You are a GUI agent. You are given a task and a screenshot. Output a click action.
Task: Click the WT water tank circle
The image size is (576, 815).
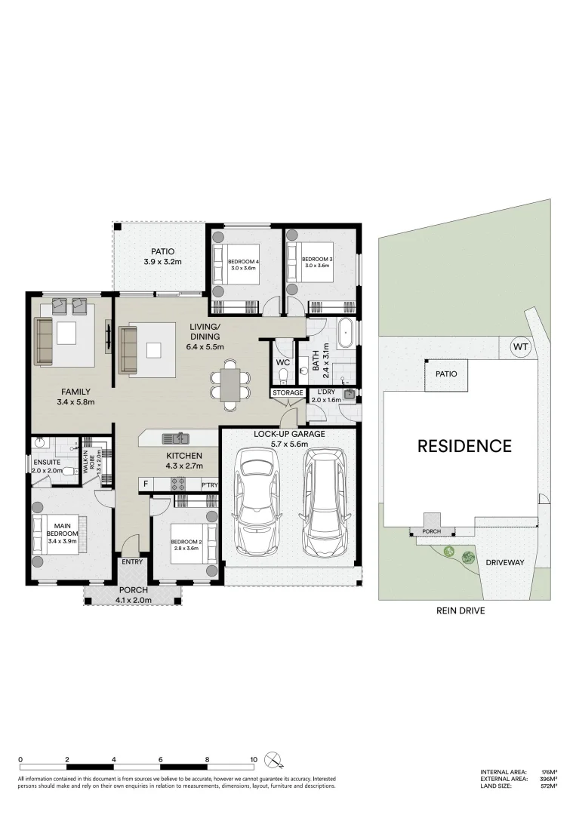[x=520, y=346]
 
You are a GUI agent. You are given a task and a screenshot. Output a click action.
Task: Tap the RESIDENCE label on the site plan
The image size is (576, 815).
[x=464, y=445]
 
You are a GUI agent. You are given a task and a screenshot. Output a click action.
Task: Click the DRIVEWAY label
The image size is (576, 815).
[x=505, y=562]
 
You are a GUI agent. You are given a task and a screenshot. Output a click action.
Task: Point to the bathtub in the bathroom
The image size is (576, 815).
[x=347, y=333]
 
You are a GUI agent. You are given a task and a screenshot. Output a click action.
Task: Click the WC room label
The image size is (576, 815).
[x=283, y=362]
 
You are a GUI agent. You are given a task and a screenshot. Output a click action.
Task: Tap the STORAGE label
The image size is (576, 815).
[x=288, y=392]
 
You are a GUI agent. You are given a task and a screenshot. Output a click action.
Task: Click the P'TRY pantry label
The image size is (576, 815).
[x=209, y=484]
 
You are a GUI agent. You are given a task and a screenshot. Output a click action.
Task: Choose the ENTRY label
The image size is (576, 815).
[x=132, y=561]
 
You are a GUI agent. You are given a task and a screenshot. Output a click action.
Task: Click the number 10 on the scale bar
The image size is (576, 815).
[x=254, y=760]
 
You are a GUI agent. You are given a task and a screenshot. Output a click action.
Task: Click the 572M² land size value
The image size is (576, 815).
[x=549, y=786]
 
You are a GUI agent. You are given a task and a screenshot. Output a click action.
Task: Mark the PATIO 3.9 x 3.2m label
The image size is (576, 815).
[x=163, y=257]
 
